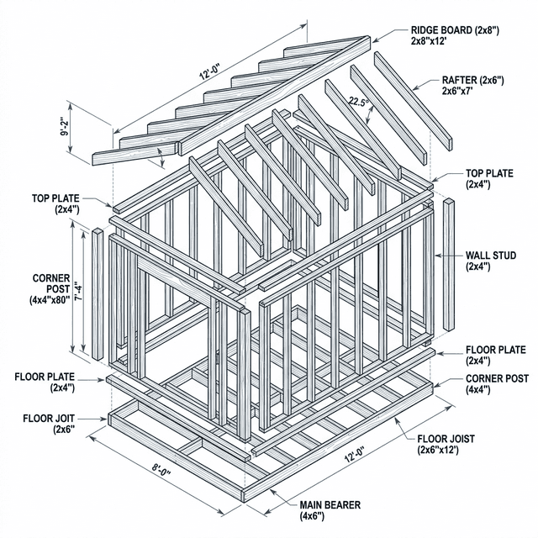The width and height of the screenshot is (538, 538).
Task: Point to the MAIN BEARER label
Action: click(330, 505)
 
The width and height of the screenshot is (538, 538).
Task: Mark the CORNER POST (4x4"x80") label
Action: click(51, 288)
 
